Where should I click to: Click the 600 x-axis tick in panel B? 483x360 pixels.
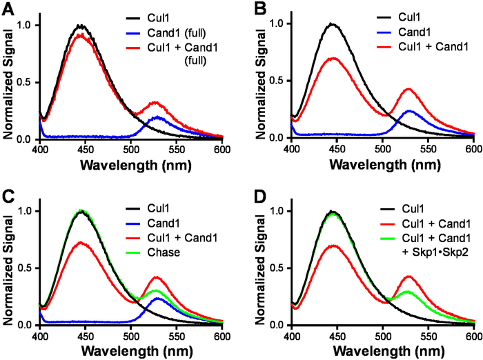click(473, 148)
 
